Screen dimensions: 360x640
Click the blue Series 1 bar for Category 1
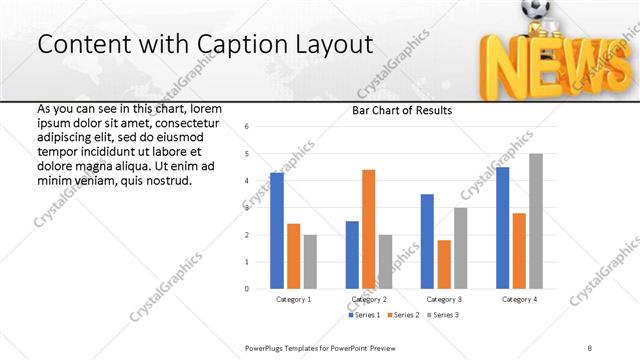point(277,231)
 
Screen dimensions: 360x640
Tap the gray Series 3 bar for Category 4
point(536,221)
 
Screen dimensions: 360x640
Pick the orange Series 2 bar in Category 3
point(444,264)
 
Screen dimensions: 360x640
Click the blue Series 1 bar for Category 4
point(502,228)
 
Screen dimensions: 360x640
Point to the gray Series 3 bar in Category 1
point(310,262)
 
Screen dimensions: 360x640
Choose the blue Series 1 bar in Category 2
point(352,255)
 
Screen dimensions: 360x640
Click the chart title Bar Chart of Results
point(401,110)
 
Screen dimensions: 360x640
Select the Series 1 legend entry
point(363,315)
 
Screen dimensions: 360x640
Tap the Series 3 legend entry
point(443,315)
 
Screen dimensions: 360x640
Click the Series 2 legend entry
point(403,315)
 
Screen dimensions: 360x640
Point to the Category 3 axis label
point(444,299)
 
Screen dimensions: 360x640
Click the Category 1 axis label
point(293,299)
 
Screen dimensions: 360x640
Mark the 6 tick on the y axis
point(247,127)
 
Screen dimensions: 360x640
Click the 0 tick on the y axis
point(247,289)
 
